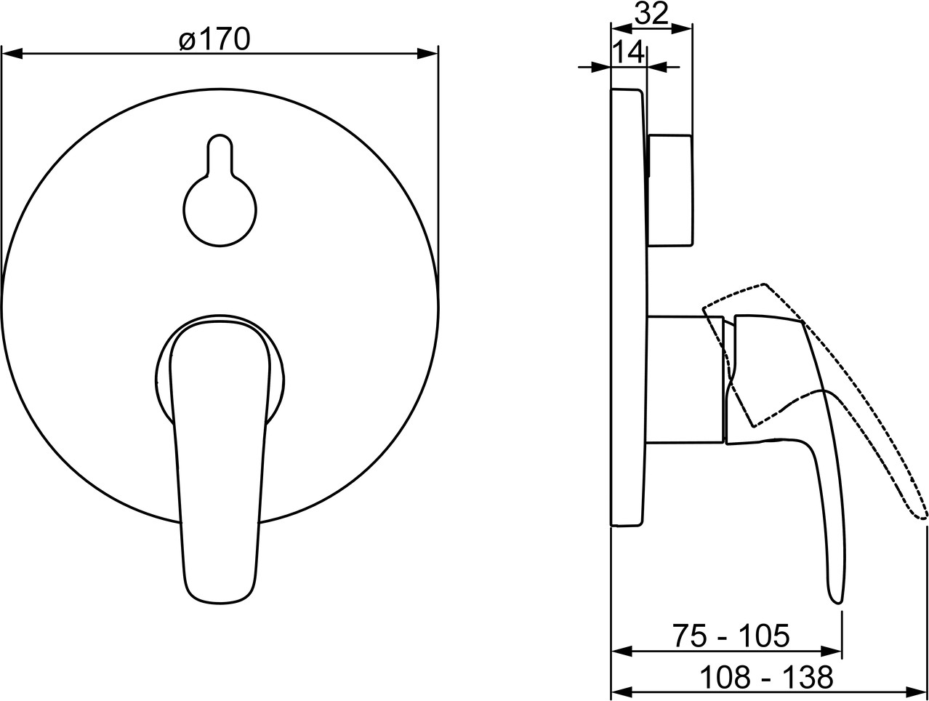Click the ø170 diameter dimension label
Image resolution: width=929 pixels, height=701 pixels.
tap(214, 40)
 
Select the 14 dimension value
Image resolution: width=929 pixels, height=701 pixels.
tap(629, 52)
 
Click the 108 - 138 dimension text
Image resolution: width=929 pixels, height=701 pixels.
tap(767, 677)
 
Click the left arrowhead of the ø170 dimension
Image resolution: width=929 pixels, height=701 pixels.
tap(11, 54)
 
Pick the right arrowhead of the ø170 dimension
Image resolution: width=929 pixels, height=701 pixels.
tap(427, 54)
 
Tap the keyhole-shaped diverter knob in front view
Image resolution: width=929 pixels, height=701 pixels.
tap(220, 191)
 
